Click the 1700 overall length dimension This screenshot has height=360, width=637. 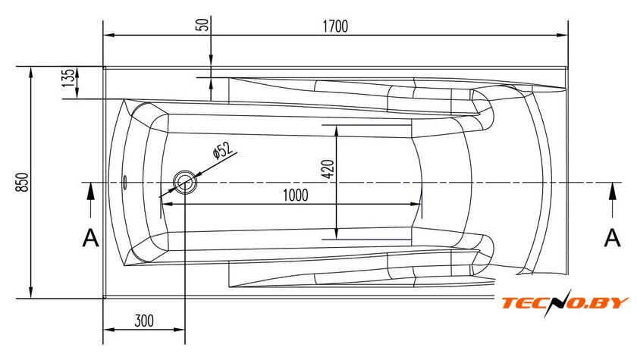[x=335, y=27]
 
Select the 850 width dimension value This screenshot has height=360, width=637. [x=23, y=182]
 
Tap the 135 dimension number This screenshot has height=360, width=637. [x=68, y=77]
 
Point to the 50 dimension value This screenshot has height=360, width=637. [x=202, y=25]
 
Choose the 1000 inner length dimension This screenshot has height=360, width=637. [x=295, y=196]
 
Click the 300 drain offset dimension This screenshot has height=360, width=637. [x=144, y=321]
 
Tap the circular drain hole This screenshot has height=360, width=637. [x=185, y=182]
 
